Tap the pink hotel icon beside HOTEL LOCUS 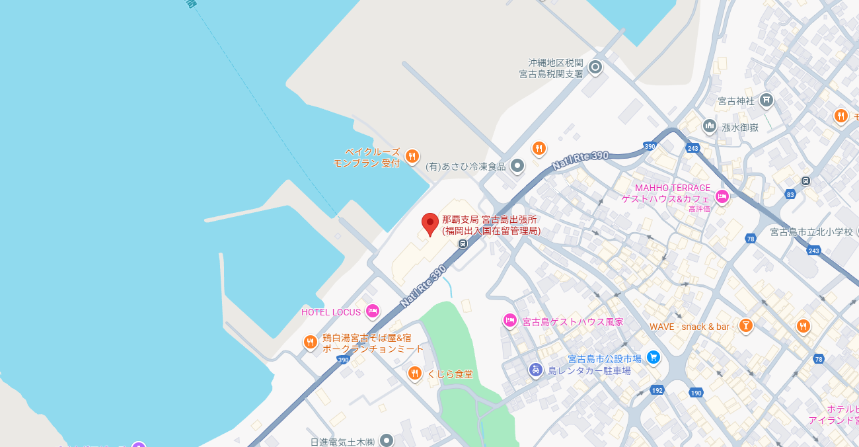[x=373, y=311]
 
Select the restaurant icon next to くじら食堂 [x=414, y=374]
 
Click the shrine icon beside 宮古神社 [x=766, y=101]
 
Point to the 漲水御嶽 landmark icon [x=710, y=126]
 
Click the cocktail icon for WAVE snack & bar [x=746, y=325]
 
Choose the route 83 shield [x=790, y=194]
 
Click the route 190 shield [x=696, y=393]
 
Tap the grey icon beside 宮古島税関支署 [x=595, y=67]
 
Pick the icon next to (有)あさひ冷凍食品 [x=517, y=165]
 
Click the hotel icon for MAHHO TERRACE [x=722, y=196]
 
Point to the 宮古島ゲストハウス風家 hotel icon [x=509, y=321]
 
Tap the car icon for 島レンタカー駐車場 [x=536, y=370]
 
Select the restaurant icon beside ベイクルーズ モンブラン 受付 [x=412, y=156]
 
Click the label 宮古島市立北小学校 [x=812, y=232]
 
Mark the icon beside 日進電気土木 [x=386, y=440]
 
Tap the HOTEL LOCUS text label [x=331, y=312]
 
